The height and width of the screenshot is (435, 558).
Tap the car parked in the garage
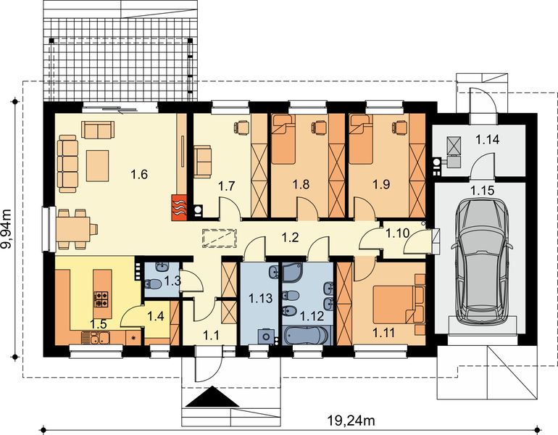(480, 263)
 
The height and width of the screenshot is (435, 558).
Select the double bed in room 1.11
(398, 302)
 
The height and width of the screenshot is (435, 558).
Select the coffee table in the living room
(98, 165)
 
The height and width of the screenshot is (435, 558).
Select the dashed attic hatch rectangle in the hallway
(215, 237)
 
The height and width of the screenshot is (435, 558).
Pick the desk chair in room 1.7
(240, 127)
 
